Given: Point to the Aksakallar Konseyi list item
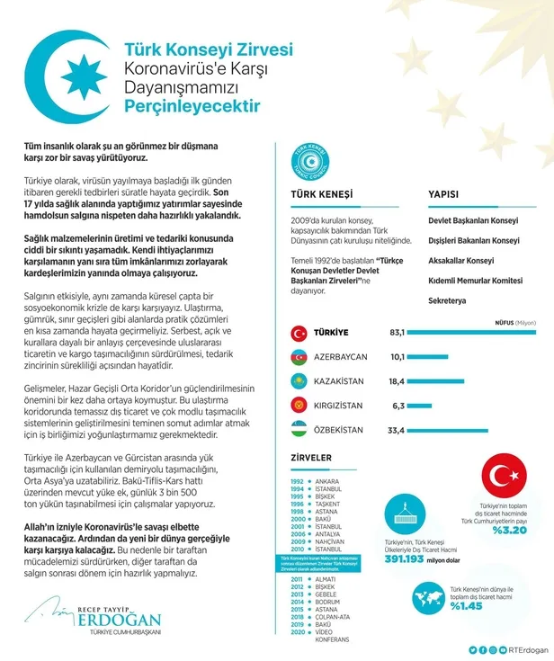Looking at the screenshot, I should coord(460,261).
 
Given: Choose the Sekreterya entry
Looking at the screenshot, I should coord(447,300).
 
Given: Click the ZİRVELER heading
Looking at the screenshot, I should coord(310,458).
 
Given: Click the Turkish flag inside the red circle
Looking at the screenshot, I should coord(508,479).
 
